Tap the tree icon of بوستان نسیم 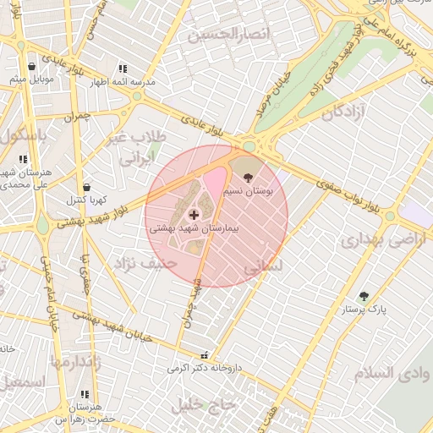pos(247,178)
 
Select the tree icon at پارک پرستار pos(364,296)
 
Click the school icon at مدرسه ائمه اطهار pos(123,69)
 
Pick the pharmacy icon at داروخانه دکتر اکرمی pos(202,356)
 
